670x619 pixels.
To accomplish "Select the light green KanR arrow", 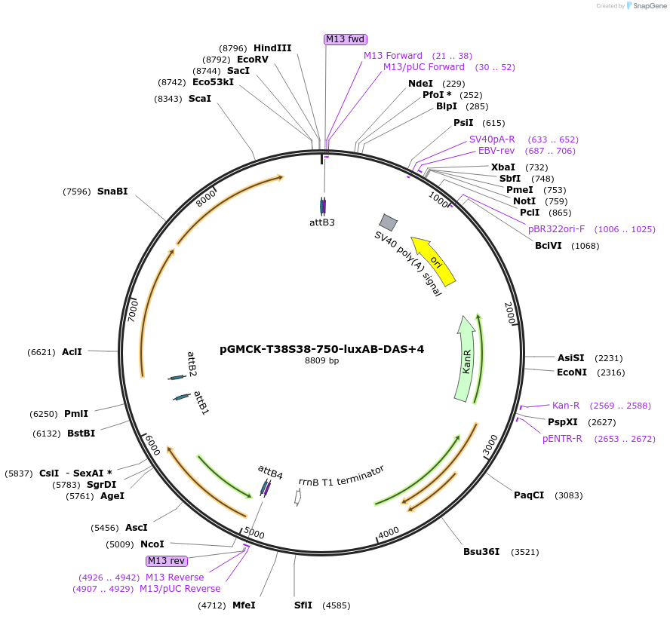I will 466,358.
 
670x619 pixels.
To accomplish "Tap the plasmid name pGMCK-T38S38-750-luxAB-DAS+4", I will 321,349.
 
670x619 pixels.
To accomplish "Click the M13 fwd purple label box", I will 346,39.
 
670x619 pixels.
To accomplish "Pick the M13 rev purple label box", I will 166,561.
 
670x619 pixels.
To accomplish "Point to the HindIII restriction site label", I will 272,48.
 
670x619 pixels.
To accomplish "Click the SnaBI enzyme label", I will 112,192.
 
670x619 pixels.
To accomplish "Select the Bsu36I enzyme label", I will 481,552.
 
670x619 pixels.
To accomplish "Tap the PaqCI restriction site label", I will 529,495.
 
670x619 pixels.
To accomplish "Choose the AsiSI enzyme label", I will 571,358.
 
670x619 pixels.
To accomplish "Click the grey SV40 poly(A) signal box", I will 389,222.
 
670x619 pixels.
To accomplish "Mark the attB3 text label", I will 322,222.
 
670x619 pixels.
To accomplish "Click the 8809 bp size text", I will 322,361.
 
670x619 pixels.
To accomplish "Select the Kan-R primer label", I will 566,406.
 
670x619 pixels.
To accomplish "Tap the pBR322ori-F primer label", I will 557,229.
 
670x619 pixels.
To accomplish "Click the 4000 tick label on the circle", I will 389,532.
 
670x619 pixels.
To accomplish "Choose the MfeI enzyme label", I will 244,605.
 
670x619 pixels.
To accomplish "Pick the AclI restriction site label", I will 72,352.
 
